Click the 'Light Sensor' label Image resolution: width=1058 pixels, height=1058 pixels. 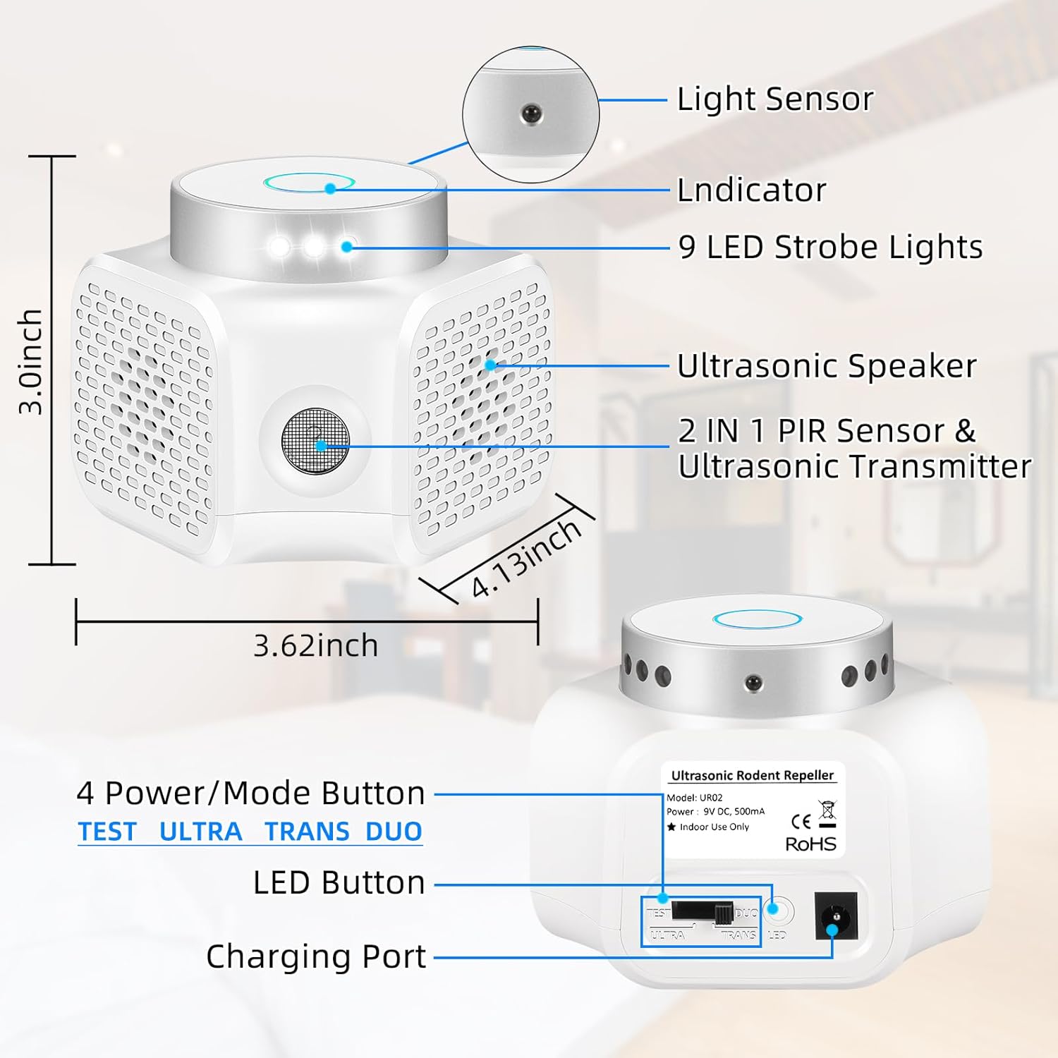pyautogui.click(x=774, y=99)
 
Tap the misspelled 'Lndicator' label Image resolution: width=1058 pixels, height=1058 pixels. pyautogui.click(x=751, y=190)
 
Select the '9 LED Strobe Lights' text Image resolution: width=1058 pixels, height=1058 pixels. pyautogui.click(x=830, y=248)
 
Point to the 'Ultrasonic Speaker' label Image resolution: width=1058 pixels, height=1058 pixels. pyautogui.click(x=827, y=366)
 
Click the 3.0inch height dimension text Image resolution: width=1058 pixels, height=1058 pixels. pyautogui.click(x=31, y=361)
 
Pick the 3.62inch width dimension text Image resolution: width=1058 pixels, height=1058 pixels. pyautogui.click(x=315, y=645)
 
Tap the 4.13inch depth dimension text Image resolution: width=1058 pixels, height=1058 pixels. pyautogui.click(x=525, y=559)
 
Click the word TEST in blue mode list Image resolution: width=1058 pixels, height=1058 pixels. pyautogui.click(x=107, y=832)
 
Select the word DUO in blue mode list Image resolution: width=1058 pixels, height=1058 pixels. pyautogui.click(x=394, y=832)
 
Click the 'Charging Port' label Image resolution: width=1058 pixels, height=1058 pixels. pyautogui.click(x=316, y=957)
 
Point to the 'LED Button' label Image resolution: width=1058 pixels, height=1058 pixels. pyautogui.click(x=339, y=883)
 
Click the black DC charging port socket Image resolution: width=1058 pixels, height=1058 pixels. pyautogui.click(x=836, y=916)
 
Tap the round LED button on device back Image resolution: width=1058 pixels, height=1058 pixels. pyautogui.click(x=778, y=911)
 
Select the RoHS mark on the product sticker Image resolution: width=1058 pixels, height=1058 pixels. pyautogui.click(x=810, y=844)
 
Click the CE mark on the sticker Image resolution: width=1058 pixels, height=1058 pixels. pyautogui.click(x=801, y=821)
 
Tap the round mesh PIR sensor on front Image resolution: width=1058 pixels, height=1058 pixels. pyautogui.click(x=315, y=441)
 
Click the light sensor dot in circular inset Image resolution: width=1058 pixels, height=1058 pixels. pyautogui.click(x=530, y=113)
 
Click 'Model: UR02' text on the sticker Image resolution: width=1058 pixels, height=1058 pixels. pyautogui.click(x=695, y=798)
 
